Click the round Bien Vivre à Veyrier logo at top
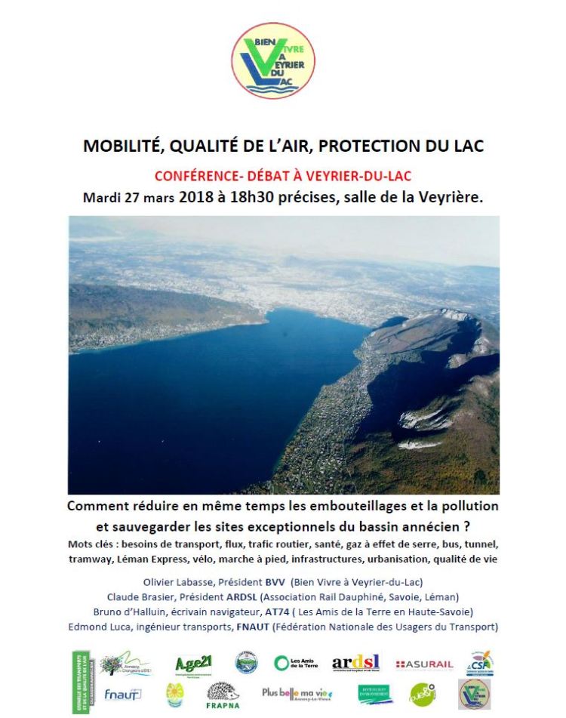(x=272, y=60)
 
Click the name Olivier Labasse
(x=179, y=582)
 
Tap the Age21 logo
(x=193, y=664)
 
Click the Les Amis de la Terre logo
(x=297, y=663)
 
